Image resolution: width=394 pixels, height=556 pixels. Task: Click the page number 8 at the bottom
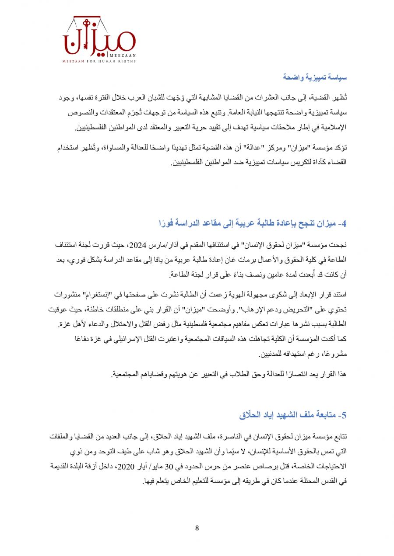coord(197,528)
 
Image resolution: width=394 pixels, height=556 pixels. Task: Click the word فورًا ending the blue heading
coord(167,224)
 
